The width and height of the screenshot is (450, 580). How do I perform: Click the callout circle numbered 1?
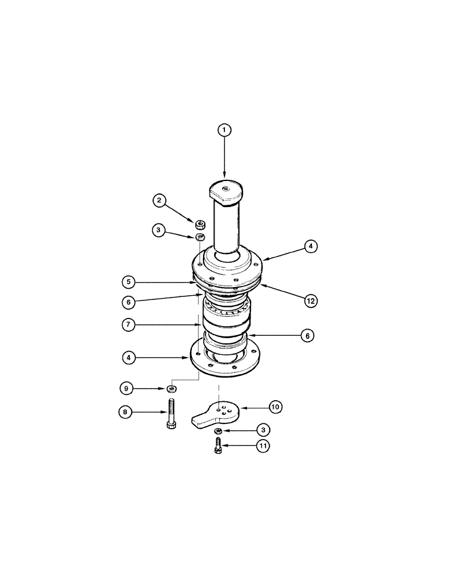[x=224, y=130]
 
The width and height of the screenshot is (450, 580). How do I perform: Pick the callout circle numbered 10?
[x=275, y=407]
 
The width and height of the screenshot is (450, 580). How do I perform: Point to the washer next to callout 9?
[x=171, y=387]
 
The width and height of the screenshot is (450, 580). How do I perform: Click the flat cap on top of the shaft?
[x=225, y=190]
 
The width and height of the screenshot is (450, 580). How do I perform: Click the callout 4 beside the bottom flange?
[x=129, y=358]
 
